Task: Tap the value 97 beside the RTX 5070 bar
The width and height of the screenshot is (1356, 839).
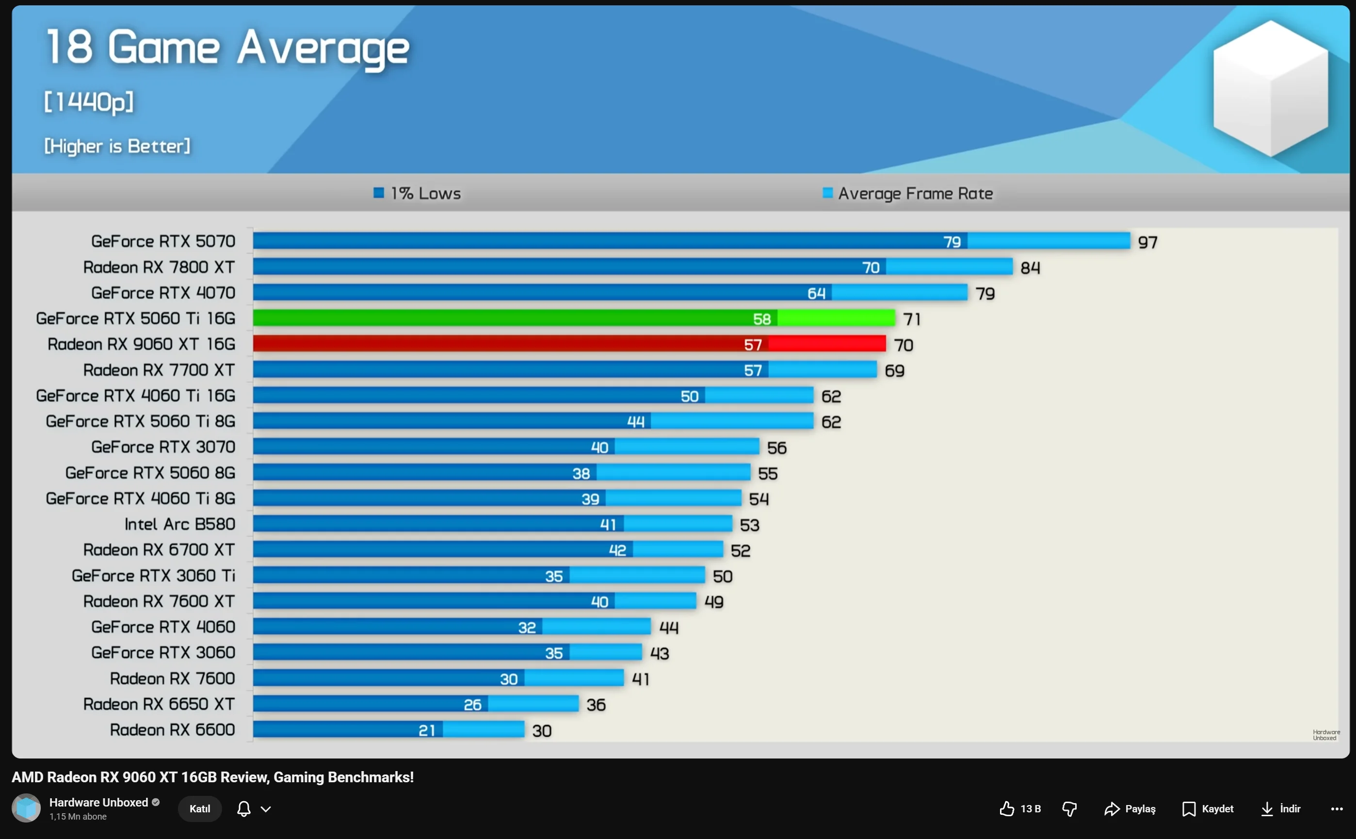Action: tap(1147, 242)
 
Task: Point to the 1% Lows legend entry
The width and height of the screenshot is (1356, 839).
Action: tap(417, 193)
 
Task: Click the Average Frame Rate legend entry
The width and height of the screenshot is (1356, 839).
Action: tap(908, 193)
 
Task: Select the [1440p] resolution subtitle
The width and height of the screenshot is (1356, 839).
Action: tap(89, 101)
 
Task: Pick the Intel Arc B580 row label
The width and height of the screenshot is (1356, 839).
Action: tap(180, 524)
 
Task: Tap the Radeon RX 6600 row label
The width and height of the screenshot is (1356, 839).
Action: tap(172, 730)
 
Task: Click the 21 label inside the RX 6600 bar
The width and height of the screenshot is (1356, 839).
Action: tap(427, 730)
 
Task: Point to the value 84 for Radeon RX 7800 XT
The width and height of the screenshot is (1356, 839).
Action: tap(1030, 268)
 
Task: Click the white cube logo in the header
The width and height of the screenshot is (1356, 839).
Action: tap(1271, 89)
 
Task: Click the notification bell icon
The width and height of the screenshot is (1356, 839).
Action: tap(243, 808)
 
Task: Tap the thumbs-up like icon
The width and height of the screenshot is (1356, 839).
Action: tap(1006, 808)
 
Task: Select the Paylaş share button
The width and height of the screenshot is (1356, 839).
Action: tap(1130, 808)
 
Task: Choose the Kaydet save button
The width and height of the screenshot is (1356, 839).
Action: tap(1207, 808)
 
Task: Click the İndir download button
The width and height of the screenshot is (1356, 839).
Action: tap(1280, 808)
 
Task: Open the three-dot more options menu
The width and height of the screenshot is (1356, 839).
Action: tap(1337, 808)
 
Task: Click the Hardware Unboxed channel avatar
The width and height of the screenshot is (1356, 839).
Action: tap(26, 808)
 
